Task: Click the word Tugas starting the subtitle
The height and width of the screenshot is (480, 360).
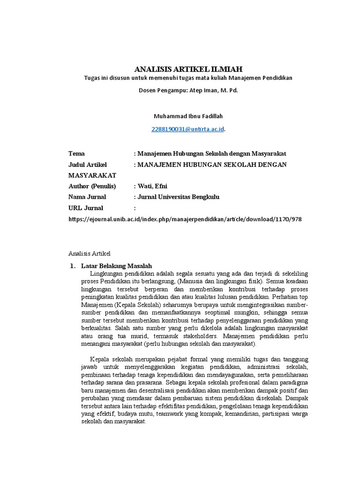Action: coord(92,78)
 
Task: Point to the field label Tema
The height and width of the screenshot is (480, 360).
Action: coord(76,154)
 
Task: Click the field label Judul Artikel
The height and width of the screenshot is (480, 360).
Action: coord(88,165)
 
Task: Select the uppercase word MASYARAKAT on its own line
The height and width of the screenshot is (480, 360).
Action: coord(92,175)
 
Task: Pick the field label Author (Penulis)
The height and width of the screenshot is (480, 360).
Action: coord(92,186)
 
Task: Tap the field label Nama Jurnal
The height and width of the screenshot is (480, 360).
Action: coord(87,197)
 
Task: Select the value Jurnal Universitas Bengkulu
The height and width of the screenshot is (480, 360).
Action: coord(178,197)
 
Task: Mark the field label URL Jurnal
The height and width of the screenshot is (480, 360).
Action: coord(86,208)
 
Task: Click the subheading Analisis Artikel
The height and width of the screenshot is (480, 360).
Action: coord(89,254)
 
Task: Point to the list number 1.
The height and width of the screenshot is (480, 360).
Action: coord(72,266)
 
